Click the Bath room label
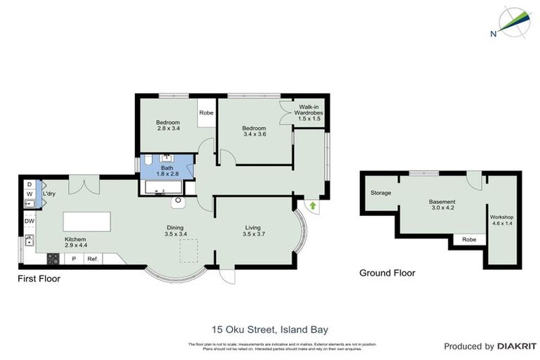167,171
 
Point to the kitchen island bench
87,221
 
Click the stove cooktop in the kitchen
53,258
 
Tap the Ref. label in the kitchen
92,259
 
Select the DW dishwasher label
29,221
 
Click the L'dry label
49,193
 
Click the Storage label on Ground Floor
381,193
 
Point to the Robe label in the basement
468,240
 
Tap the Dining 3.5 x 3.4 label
176,231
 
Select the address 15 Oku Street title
270,328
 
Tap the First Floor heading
39,278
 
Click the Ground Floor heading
387,273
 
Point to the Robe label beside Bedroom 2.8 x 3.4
206,112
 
